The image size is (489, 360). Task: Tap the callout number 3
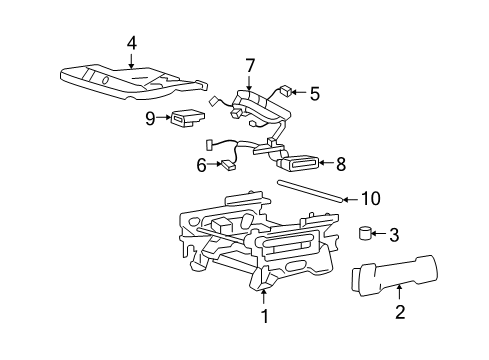tap(393, 235)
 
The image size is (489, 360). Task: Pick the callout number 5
tap(314, 94)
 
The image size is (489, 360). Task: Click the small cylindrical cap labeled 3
tap(366, 235)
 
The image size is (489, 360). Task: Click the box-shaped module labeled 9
tap(185, 119)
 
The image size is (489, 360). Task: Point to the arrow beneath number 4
tap(131, 59)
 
